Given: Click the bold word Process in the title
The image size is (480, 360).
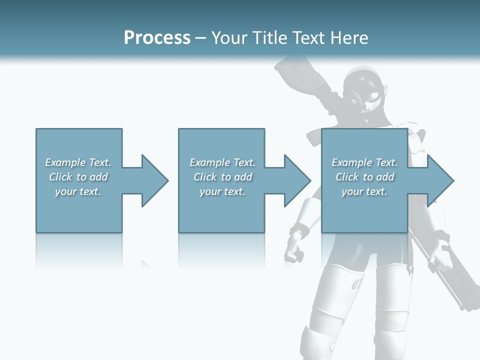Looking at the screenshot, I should coord(157,38).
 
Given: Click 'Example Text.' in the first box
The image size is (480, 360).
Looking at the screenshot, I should coord(78,162).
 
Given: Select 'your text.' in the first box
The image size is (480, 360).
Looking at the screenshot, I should coord(78,191).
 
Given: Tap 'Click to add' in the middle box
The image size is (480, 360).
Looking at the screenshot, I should coord(222,177).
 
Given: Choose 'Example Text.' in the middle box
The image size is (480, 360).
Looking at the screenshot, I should coord(222,162).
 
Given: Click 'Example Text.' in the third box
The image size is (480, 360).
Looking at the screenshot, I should coord(364,162).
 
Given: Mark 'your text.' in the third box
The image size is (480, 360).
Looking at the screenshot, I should coord(364,191).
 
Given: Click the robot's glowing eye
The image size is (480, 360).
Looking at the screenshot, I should coord(373,95).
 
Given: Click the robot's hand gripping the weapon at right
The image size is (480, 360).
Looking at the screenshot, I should coord(439,252).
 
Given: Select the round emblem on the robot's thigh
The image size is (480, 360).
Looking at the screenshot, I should coord(357,285).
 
